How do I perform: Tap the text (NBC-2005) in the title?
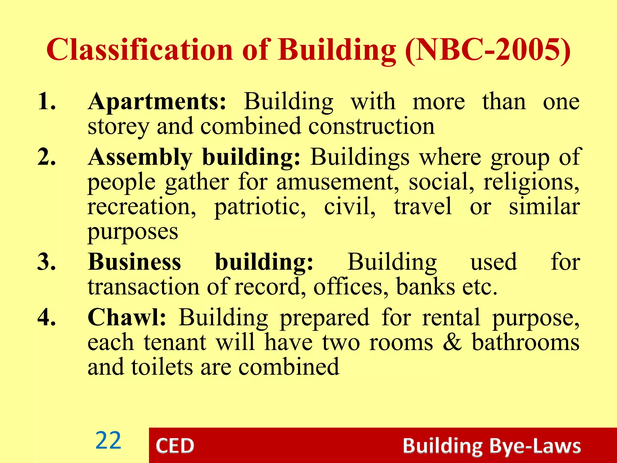tap(487, 50)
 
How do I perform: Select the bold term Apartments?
tap(157, 102)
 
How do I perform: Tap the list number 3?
tap(46, 262)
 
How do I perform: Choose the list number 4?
tap(46, 317)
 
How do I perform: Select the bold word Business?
tap(134, 262)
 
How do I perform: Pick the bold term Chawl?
tap(127, 317)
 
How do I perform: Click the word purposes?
tap(133, 232)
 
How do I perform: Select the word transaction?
tap(143, 286)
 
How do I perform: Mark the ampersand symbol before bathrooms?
tap(452, 342)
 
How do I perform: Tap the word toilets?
tap(162, 367)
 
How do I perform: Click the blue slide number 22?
tap(108, 441)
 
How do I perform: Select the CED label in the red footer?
tap(175, 446)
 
